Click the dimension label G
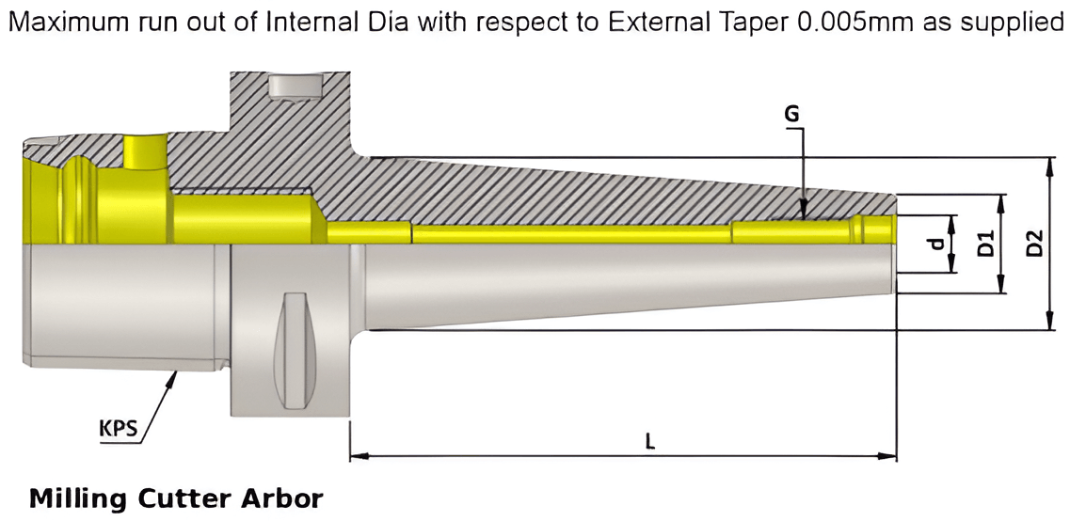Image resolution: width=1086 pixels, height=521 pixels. click(791, 114)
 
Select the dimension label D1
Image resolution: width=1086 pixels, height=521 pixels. click(985, 244)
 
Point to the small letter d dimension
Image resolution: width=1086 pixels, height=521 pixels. click(934, 244)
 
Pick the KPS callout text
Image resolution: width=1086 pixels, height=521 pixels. click(119, 430)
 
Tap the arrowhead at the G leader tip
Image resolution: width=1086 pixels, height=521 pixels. click(802, 214)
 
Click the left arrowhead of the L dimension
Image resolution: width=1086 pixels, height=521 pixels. click(357, 457)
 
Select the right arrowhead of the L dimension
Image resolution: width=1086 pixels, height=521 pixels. click(889, 457)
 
